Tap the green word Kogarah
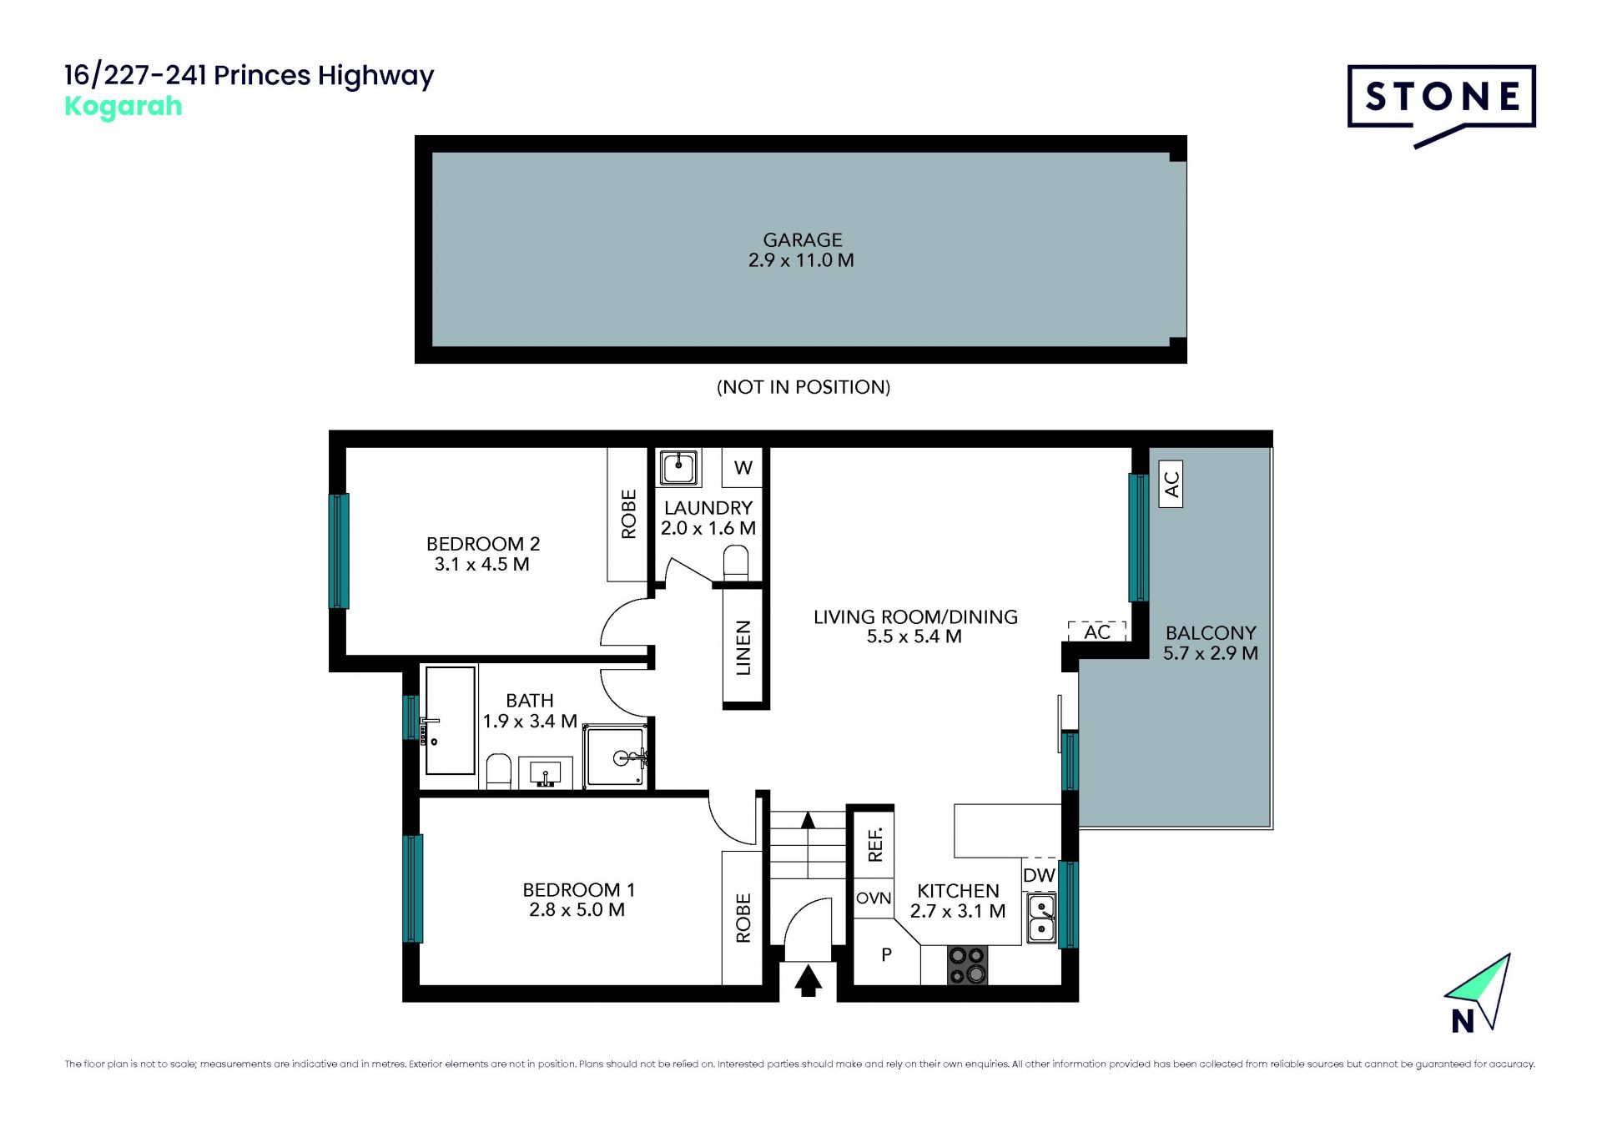(x=123, y=107)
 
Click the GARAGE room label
(x=802, y=240)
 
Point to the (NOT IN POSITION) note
(x=804, y=387)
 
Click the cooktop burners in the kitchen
(x=967, y=965)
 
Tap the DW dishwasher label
(x=1039, y=875)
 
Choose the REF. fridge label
(x=874, y=843)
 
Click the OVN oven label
(x=874, y=898)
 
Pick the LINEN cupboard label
(x=743, y=647)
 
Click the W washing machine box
(x=743, y=468)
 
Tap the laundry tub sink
(x=679, y=467)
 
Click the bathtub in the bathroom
(x=450, y=720)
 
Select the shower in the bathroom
(x=616, y=757)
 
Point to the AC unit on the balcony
(x=1171, y=484)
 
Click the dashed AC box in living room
(x=1097, y=631)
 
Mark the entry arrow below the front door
(x=808, y=980)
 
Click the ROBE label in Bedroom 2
(x=628, y=514)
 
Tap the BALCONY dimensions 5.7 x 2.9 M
(x=1211, y=653)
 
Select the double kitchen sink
(x=1041, y=918)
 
